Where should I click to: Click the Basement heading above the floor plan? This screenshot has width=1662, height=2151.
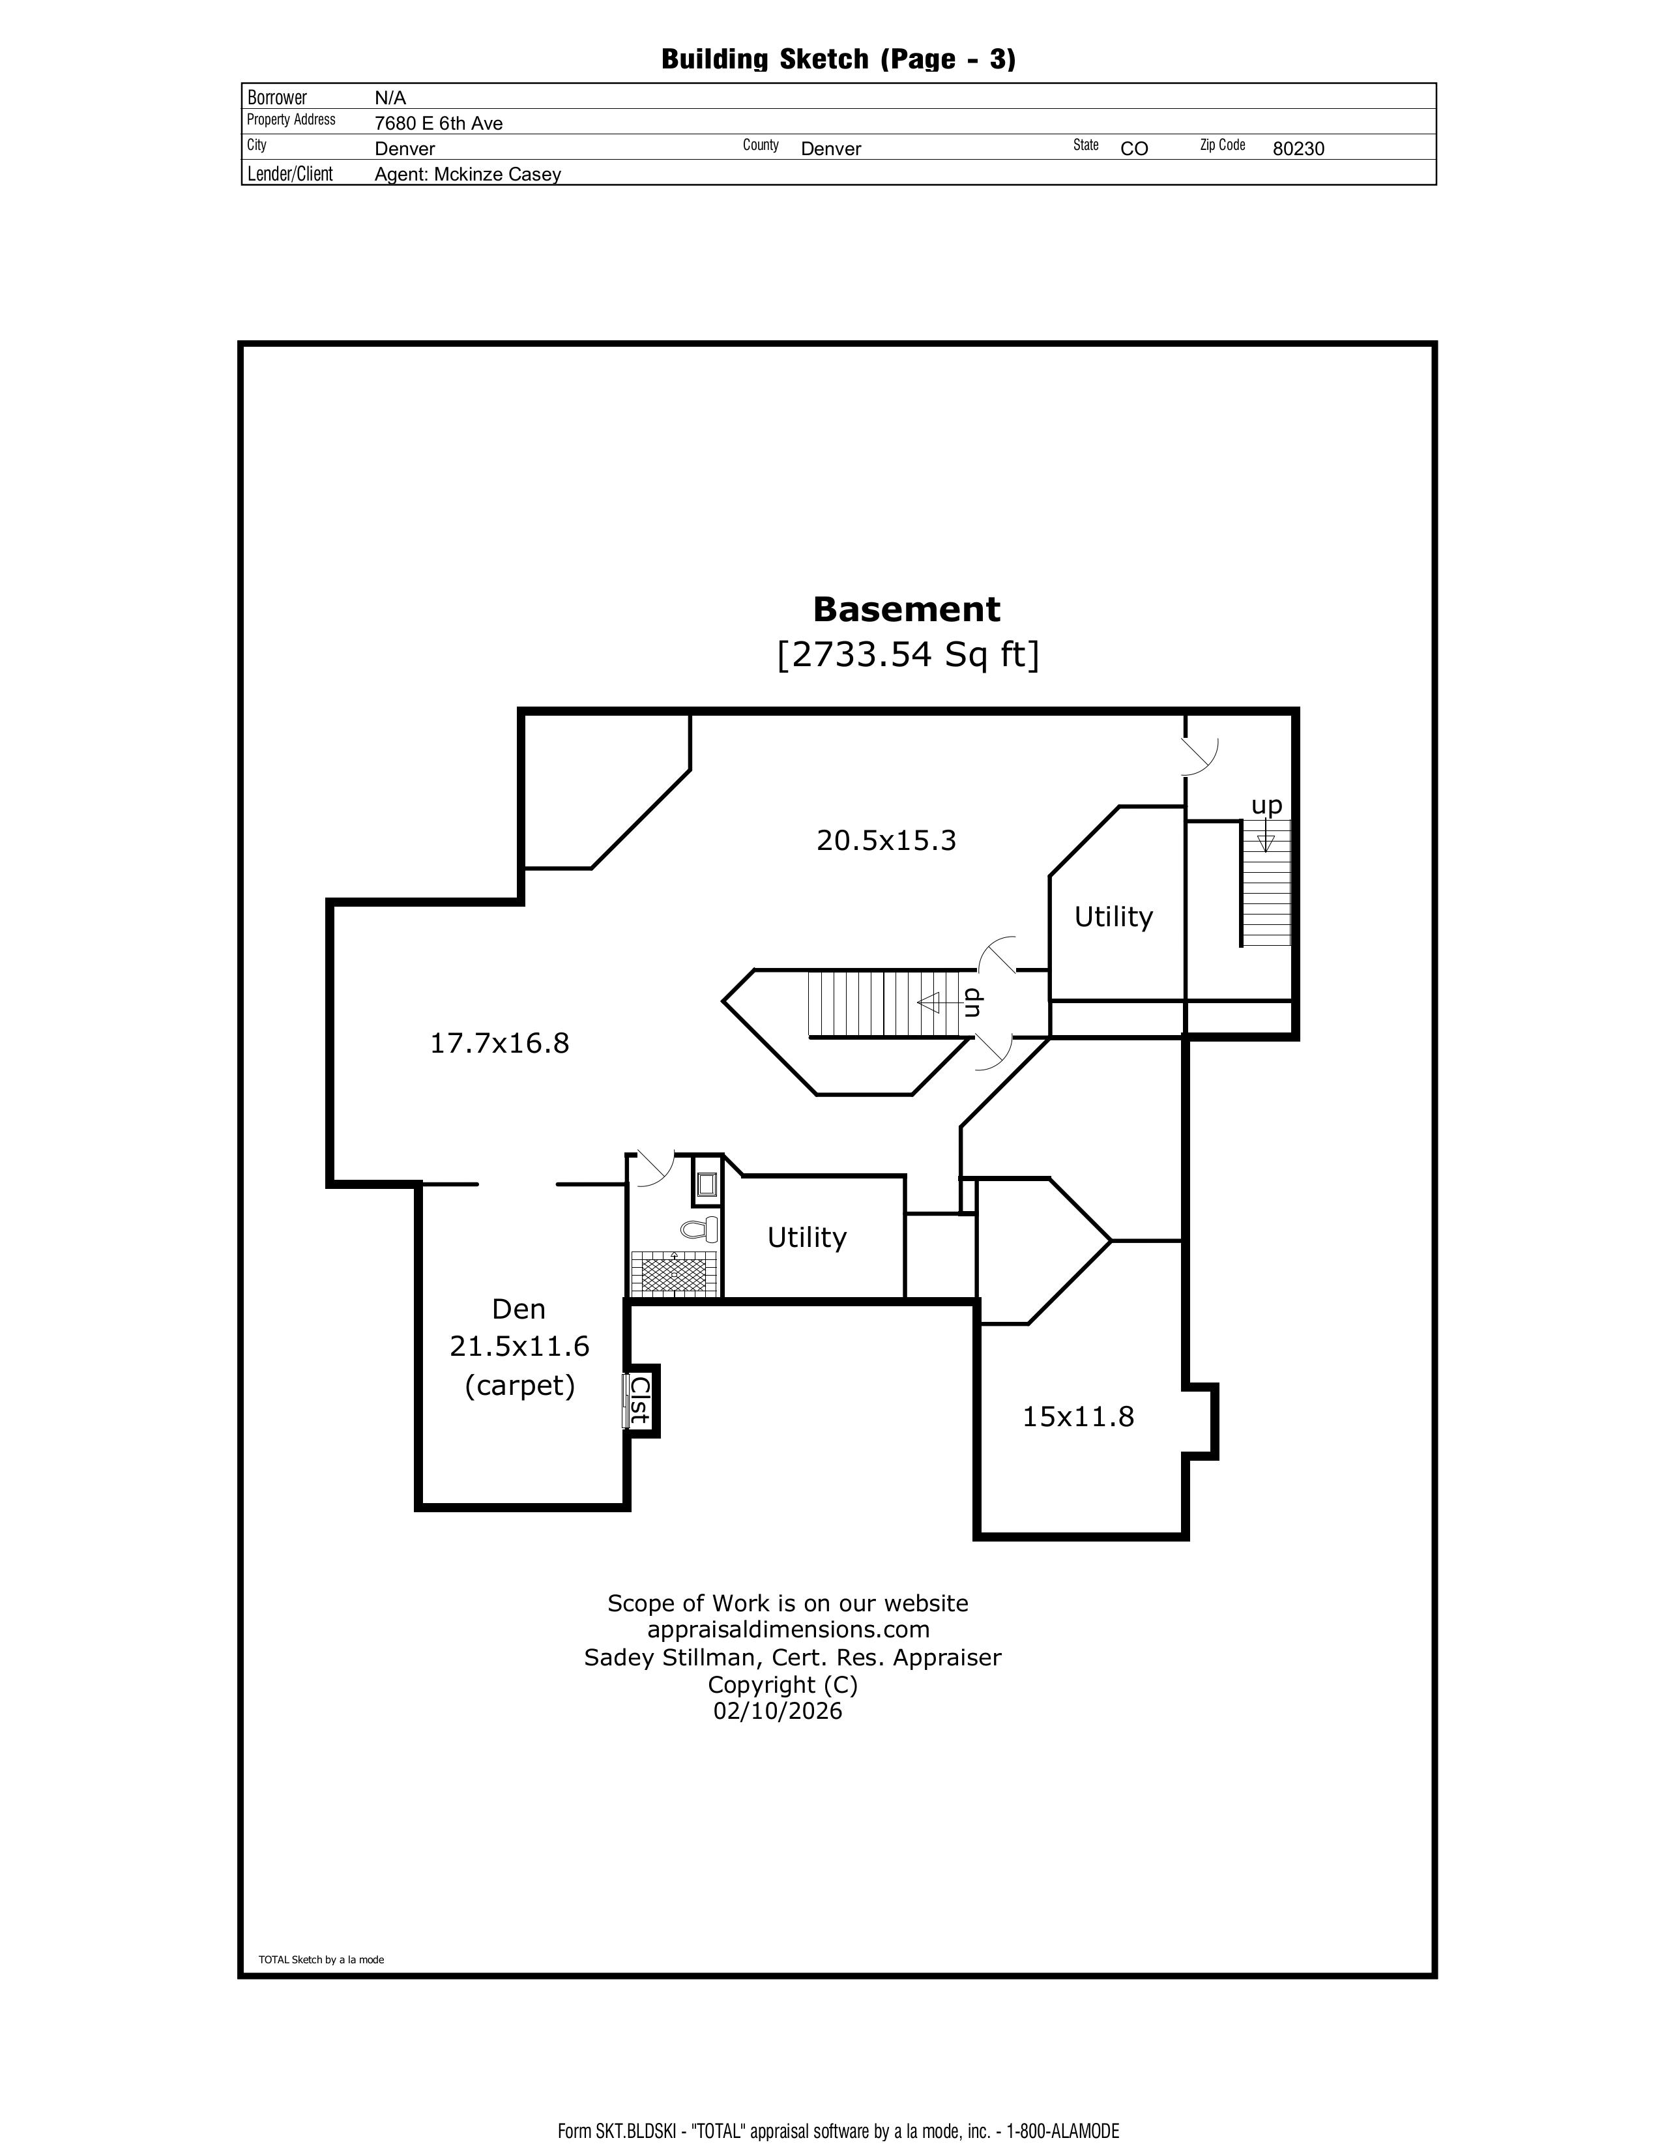tap(906, 609)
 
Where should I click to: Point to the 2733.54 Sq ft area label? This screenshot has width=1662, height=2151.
tap(907, 654)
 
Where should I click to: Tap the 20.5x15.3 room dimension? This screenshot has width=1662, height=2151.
tap(886, 840)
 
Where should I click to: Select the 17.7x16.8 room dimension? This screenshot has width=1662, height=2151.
tap(499, 1043)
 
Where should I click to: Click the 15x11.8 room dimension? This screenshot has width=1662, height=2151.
tap(1078, 1416)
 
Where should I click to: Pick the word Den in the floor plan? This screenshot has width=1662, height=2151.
tap(518, 1309)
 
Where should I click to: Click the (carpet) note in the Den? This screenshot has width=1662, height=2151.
tap(519, 1386)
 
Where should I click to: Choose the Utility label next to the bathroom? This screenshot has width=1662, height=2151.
tap(806, 1237)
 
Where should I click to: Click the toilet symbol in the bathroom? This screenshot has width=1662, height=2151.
tap(700, 1229)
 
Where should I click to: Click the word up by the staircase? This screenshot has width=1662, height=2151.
tap(1266, 806)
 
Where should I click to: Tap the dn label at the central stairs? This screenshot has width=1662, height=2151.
tap(972, 1002)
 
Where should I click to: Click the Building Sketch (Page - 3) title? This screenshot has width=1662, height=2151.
tap(838, 59)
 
